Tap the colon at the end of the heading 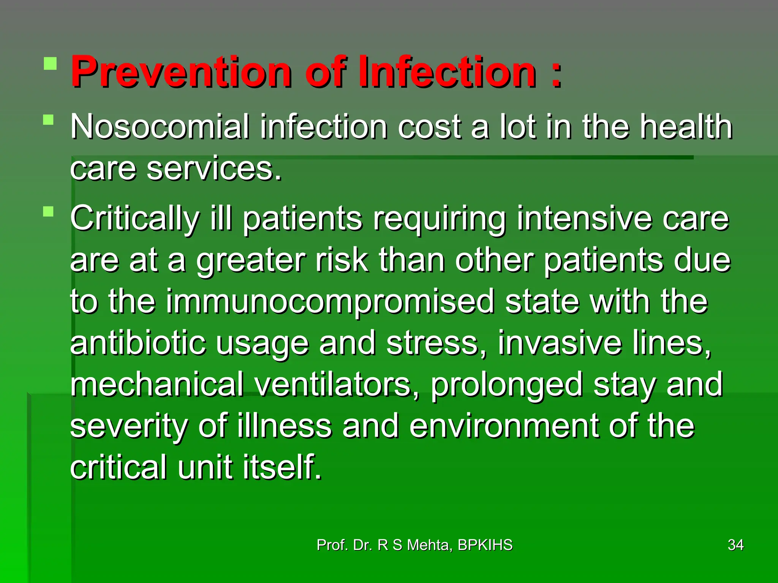pos(556,74)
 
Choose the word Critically pos(135,218)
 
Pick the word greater pos(251,261)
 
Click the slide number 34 pos(735,545)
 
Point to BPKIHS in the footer pos(485,545)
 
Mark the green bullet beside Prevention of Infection pos(50,63)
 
